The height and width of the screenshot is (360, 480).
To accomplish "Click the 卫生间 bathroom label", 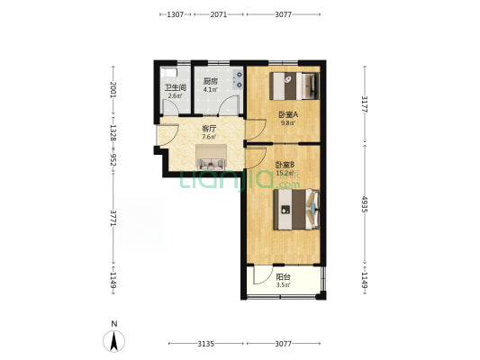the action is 176,88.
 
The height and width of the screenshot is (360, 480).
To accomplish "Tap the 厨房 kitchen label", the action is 211,82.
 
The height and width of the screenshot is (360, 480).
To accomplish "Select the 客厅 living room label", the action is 209,129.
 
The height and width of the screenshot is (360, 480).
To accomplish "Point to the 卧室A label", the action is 288,115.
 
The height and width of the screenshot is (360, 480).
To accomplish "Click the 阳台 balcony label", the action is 283,277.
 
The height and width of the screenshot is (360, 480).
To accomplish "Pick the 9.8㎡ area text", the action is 288,123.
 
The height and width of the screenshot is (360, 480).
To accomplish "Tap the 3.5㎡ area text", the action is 283,285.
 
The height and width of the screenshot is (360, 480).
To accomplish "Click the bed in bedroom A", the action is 294,85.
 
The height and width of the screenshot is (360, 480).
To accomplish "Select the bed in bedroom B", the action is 296,210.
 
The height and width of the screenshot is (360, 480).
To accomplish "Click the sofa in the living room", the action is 211,164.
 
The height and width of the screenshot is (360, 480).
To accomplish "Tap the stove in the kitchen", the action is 238,80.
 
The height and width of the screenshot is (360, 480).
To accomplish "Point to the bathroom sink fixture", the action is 169,73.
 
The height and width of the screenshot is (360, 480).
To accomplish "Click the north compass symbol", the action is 113,341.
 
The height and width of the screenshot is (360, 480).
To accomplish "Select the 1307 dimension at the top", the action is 176,14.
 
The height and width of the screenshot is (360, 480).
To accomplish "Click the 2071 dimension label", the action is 219,14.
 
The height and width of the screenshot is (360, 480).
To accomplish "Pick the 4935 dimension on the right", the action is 365,204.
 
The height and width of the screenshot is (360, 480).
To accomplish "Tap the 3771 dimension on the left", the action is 113,218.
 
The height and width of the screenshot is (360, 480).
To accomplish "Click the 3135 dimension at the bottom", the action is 205,344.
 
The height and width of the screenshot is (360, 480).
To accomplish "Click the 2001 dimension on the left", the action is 113,90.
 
